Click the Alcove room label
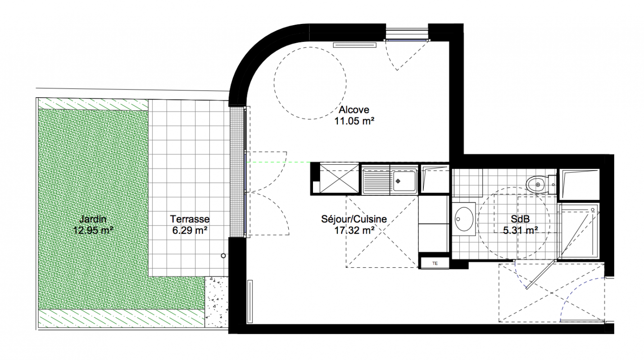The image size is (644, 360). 354,110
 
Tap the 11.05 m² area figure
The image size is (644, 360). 354,121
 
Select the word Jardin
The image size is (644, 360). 93,219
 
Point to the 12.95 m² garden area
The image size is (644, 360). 93,230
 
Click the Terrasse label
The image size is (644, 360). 190,219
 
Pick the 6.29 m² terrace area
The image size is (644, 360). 190,230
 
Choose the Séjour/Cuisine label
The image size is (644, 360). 354,219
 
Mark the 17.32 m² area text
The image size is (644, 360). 354,230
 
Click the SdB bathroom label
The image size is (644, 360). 520,219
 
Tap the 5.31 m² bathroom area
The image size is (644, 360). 520,230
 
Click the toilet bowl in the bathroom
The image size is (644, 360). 536,184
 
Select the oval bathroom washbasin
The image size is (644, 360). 464,219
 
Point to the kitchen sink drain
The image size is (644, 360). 398,181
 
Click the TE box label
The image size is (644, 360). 435,263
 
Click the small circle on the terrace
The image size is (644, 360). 223,256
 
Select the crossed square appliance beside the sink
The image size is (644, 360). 339,179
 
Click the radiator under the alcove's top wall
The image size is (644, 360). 355,45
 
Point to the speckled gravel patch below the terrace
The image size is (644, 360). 217,301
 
